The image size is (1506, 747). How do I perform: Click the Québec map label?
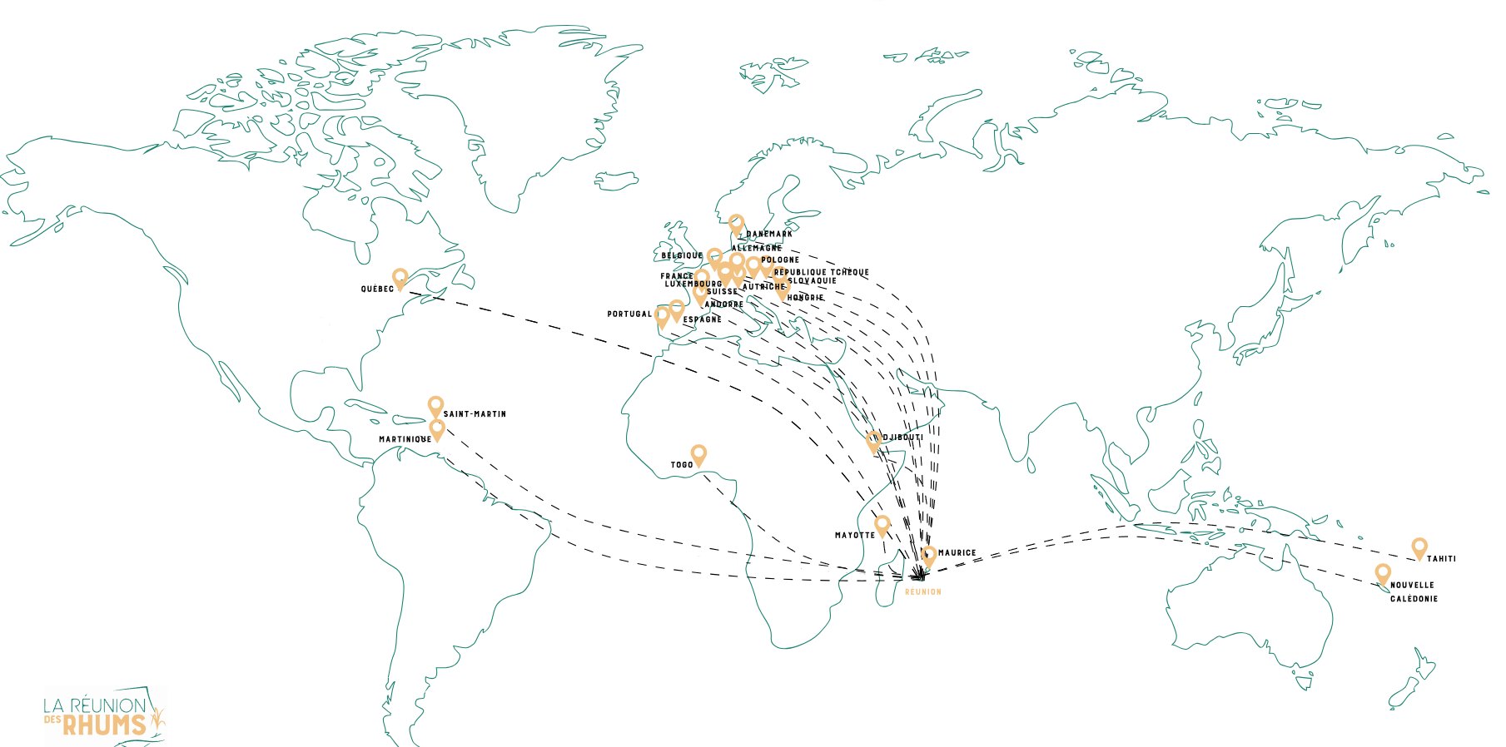[377, 289]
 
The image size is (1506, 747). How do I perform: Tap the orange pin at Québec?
[400, 278]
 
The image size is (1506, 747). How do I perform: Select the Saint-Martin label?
[475, 414]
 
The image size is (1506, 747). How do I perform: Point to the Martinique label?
[405, 439]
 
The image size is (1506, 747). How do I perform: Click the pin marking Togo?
[698, 453]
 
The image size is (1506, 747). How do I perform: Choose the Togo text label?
[682, 465]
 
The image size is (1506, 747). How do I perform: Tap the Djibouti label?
[902, 438]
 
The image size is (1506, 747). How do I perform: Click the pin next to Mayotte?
[882, 524]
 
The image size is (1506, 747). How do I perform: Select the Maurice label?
[957, 553]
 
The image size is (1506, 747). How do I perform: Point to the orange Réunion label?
[923, 592]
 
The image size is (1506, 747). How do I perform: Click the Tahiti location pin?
[1419, 547]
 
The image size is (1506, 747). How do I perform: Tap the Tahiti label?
[1442, 559]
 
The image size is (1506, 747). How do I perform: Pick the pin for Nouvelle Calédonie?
[1383, 572]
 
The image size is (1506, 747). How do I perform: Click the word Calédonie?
[1414, 599]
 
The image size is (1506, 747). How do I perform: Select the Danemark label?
[769, 235]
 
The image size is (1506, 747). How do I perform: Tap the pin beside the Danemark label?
[736, 223]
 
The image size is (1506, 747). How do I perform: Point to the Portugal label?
[629, 314]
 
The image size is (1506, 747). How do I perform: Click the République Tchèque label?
[821, 273]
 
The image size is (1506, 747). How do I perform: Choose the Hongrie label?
[805, 298]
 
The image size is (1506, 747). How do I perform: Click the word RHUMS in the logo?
[104, 725]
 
